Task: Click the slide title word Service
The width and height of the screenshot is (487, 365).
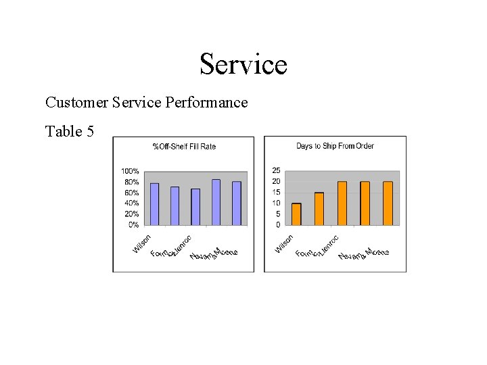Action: [x=243, y=65]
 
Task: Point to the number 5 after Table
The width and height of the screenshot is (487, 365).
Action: [x=90, y=131]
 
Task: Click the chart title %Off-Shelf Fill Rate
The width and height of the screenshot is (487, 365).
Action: [x=184, y=147]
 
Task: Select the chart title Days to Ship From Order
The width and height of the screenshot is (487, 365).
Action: [x=335, y=146]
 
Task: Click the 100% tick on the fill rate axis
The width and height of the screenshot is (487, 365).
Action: [x=130, y=171]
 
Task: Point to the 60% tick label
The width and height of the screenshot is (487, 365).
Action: [x=132, y=193]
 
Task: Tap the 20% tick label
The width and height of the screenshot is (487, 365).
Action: [x=132, y=214]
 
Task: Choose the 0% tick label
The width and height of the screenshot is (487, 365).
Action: [x=134, y=224]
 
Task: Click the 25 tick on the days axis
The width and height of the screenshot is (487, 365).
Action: [x=276, y=170]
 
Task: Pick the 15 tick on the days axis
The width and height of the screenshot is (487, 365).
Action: [x=276, y=192]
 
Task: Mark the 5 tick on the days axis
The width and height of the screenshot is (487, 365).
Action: [x=278, y=214]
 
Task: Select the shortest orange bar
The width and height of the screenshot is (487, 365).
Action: [x=296, y=214]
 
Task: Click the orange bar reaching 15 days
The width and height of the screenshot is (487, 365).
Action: [x=319, y=208]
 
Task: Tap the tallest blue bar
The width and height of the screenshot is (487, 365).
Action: [x=216, y=202]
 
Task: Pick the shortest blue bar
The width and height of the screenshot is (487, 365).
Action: [x=195, y=207]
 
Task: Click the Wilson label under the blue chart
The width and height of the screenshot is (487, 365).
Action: [x=142, y=243]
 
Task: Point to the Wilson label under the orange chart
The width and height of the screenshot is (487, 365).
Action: [x=284, y=243]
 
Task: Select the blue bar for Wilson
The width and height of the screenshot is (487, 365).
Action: [x=154, y=204]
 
